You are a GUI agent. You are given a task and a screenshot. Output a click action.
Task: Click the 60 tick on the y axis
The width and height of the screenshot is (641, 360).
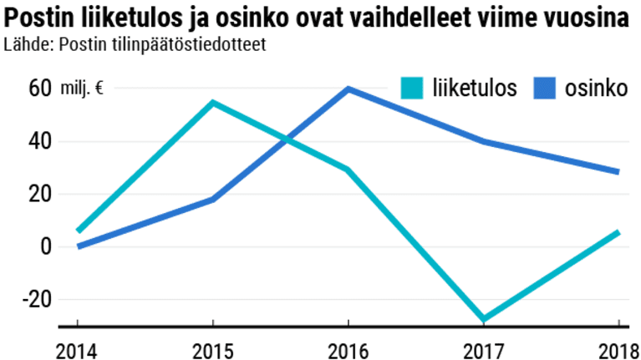pyautogui.click(x=39, y=89)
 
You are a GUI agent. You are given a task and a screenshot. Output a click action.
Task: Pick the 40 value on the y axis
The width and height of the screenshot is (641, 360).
pyautogui.click(x=39, y=141)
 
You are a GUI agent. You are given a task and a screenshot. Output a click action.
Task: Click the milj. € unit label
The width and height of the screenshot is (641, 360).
pyautogui.click(x=82, y=89)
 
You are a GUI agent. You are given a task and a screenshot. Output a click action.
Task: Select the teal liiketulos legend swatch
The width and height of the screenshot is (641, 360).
pyautogui.click(x=413, y=88)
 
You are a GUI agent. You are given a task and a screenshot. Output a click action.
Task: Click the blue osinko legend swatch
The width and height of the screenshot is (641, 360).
pyautogui.click(x=543, y=88)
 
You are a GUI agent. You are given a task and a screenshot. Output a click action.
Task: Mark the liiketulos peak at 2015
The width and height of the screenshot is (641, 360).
pyautogui.click(x=213, y=103)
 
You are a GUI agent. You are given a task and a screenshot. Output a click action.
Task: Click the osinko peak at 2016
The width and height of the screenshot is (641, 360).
pyautogui.click(x=348, y=89)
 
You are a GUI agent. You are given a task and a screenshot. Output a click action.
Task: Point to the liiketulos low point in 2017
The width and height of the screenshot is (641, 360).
pyautogui.click(x=483, y=319)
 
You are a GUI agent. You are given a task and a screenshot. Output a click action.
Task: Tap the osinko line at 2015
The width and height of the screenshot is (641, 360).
pyautogui.click(x=213, y=199)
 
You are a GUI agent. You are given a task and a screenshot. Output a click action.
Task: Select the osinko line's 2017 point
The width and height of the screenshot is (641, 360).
pyautogui.click(x=483, y=141)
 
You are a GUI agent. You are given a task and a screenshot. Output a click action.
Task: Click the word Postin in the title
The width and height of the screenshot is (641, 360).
pyautogui.click(x=40, y=18)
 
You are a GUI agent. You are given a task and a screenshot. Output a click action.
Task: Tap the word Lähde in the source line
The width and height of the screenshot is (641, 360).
pyautogui.click(x=25, y=44)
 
